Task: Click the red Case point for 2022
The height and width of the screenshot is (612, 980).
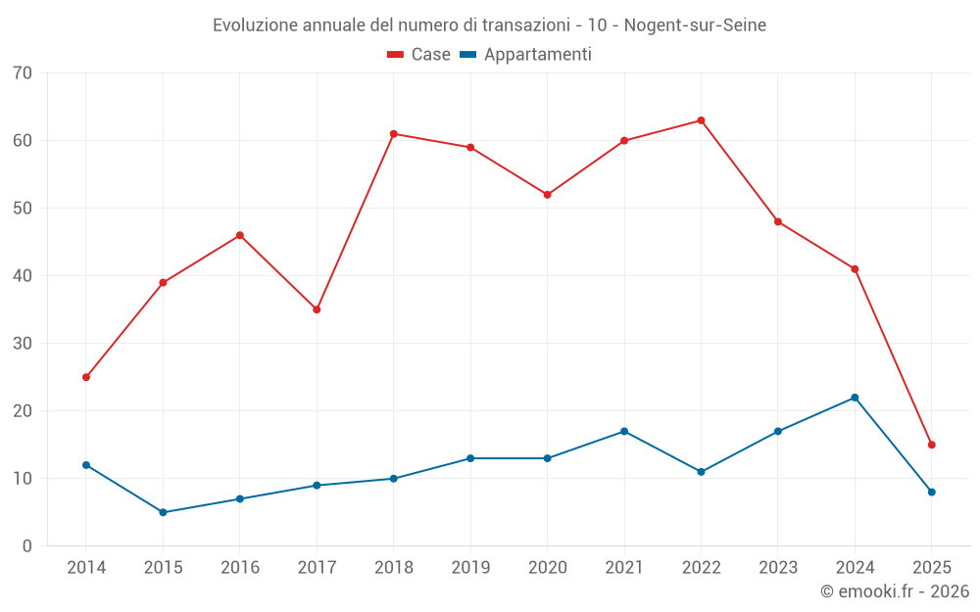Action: (x=701, y=120)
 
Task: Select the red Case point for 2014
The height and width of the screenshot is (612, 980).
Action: (x=86, y=377)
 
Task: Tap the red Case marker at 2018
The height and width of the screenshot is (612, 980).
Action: (x=393, y=134)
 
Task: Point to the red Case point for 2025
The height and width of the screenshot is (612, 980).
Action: (x=931, y=445)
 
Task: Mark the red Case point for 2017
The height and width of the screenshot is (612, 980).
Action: (x=317, y=309)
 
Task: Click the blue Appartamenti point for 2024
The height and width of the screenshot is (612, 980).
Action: (x=855, y=398)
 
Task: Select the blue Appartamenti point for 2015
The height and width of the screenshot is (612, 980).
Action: (x=163, y=512)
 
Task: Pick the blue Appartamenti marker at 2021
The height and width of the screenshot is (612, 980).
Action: (x=624, y=431)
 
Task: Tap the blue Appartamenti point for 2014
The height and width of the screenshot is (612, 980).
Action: (x=86, y=465)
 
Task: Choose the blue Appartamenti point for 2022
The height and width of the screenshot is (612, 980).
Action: (x=701, y=472)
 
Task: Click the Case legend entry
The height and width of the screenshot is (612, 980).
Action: (x=419, y=55)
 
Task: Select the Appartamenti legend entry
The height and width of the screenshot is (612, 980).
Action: (x=526, y=55)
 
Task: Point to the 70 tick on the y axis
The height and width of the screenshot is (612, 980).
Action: (x=23, y=73)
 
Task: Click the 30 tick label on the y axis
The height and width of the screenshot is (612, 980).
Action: (x=23, y=344)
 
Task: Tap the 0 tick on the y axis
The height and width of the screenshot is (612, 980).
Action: (x=27, y=546)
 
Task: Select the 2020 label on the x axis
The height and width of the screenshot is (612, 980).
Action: (x=547, y=568)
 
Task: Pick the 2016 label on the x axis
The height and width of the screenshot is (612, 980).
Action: (x=239, y=568)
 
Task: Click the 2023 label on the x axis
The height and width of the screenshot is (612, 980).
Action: (x=777, y=568)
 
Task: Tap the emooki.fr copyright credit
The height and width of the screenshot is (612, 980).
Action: (x=895, y=591)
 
